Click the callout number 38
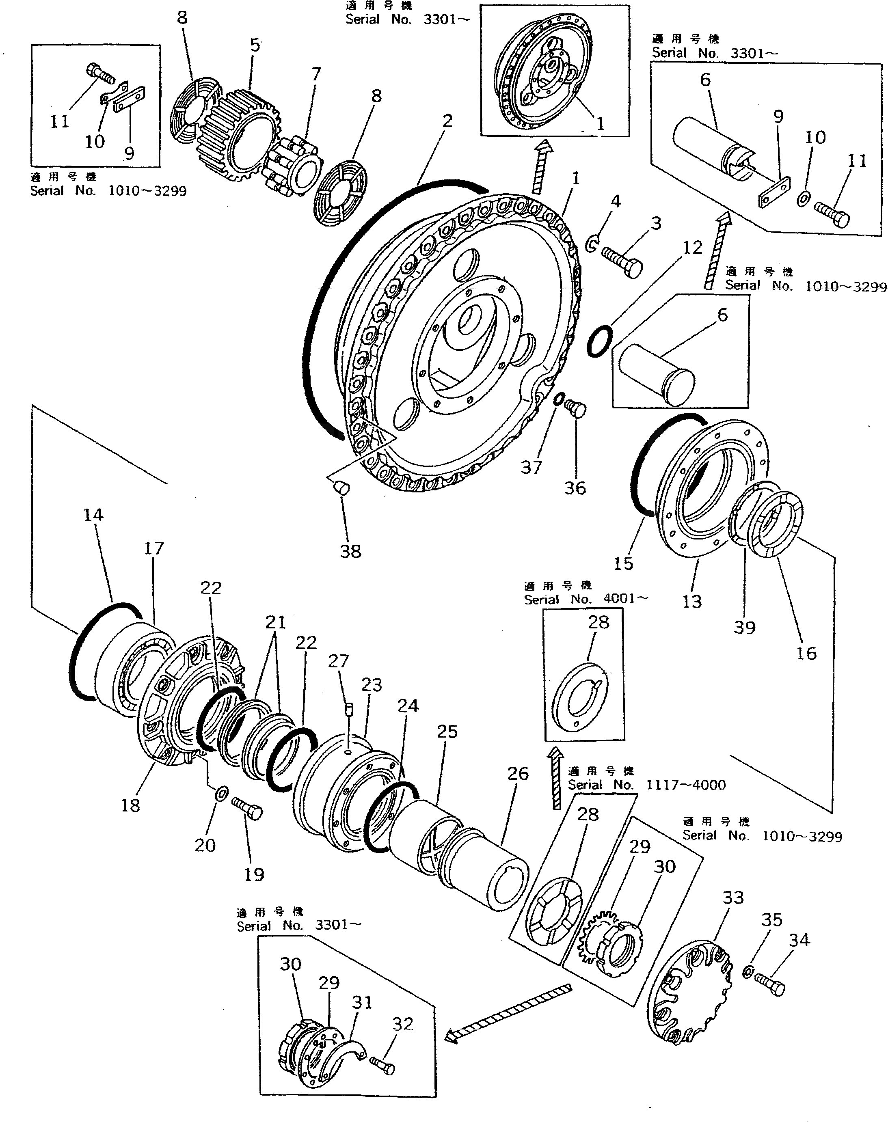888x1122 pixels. tap(350, 551)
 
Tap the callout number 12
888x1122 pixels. tap(692, 247)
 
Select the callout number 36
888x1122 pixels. tap(575, 488)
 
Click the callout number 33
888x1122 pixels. tap(733, 898)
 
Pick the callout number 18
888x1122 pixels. tap(130, 805)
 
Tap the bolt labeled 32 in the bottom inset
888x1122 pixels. tap(384, 1067)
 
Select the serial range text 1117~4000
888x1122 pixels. tap(685, 785)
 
